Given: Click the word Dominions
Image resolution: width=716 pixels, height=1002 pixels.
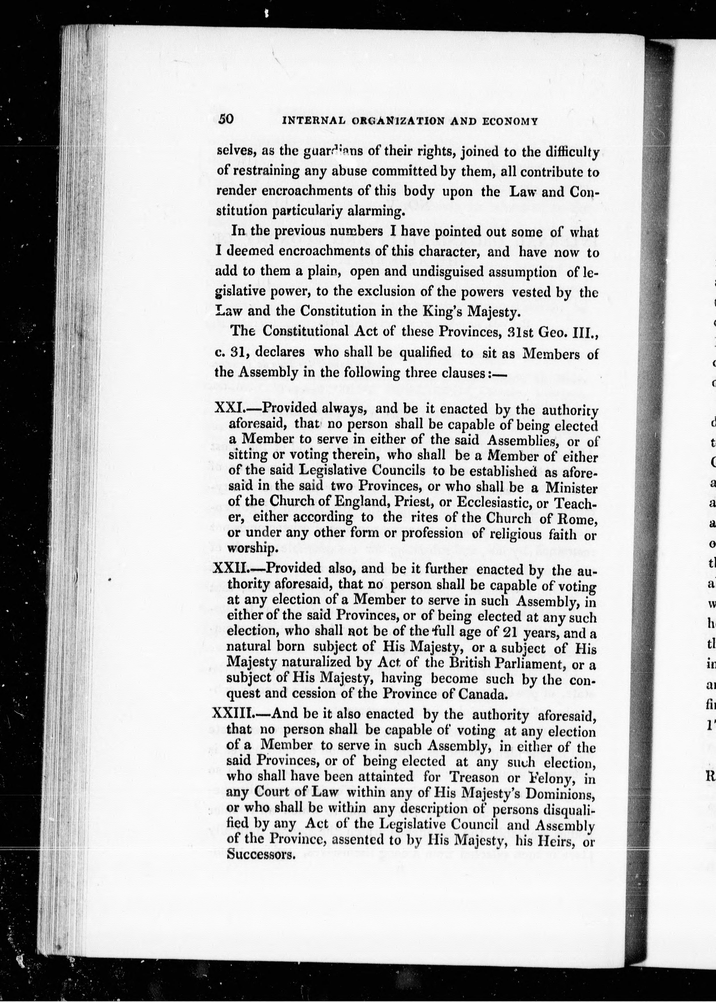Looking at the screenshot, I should [561, 794].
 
